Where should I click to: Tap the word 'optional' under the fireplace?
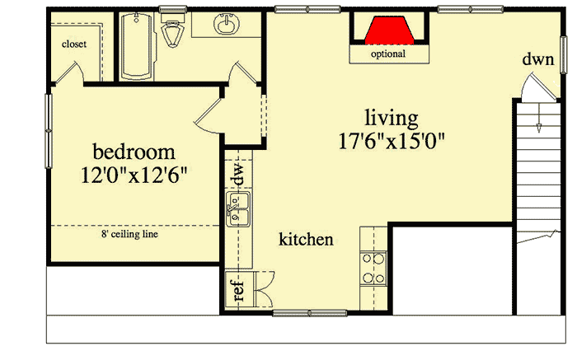(387, 54)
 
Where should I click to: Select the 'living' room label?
(393, 118)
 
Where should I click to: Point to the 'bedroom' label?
(134, 152)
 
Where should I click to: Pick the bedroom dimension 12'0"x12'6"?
(134, 175)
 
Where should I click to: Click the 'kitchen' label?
(306, 240)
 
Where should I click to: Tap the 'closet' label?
(74, 44)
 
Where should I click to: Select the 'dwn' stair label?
(537, 59)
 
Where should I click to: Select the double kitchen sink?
(239, 209)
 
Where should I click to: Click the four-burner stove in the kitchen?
(373, 268)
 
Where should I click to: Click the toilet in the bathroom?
(172, 35)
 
